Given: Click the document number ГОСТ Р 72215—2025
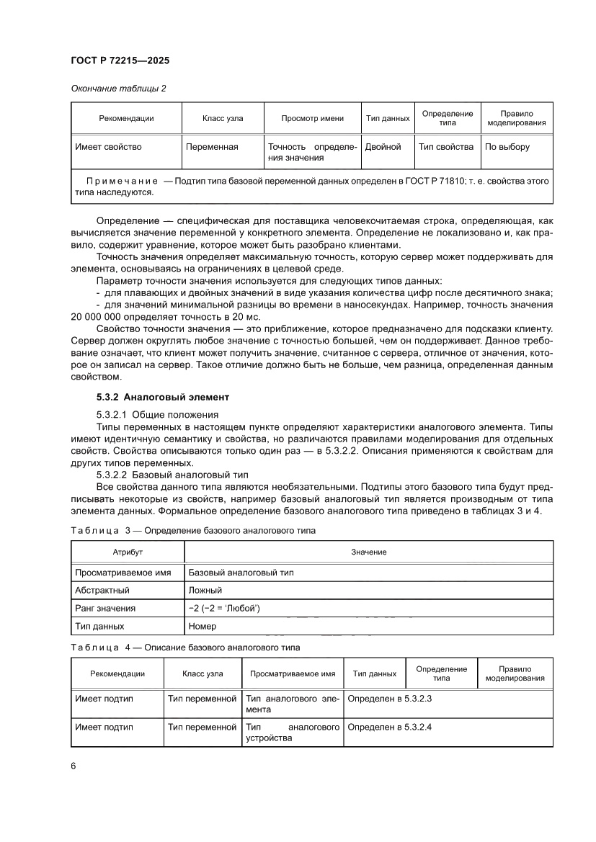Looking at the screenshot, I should coord(120,62).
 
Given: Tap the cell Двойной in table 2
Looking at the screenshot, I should coord(383,147).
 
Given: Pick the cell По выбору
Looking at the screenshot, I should coord(507,147).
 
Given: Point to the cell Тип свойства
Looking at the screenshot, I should coord(446,147).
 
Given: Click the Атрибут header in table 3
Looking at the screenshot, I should coord(128,552).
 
